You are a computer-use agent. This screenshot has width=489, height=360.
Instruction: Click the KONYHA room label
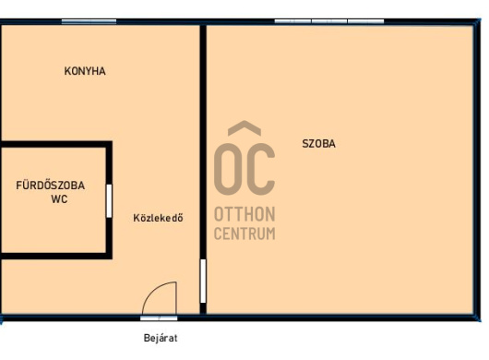click(x=85, y=71)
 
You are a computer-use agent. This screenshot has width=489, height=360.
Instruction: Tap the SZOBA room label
click(x=318, y=144)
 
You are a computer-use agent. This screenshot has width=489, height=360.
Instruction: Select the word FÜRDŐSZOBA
click(x=50, y=186)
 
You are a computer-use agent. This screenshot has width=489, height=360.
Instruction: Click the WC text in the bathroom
click(x=59, y=199)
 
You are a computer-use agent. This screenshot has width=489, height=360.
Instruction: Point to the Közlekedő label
click(x=158, y=218)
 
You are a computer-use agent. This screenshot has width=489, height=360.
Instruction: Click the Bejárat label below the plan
click(x=161, y=338)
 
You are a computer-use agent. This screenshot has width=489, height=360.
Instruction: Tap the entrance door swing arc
click(x=153, y=290)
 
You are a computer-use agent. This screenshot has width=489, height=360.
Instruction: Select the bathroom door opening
click(x=109, y=201)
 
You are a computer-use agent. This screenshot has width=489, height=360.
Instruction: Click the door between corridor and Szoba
click(x=203, y=281)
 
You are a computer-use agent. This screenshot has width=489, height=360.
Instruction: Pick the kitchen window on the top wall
click(x=89, y=21)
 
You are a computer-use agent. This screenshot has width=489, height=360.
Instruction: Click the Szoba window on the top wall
click(x=329, y=21)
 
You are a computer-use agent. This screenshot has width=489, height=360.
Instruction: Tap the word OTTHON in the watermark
click(x=244, y=214)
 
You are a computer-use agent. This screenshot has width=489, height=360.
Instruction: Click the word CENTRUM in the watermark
click(x=244, y=234)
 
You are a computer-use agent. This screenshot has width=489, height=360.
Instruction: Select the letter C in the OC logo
click(x=261, y=169)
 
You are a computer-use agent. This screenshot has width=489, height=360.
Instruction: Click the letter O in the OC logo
click(x=228, y=169)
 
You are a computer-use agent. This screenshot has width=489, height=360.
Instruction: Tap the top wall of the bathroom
click(x=56, y=144)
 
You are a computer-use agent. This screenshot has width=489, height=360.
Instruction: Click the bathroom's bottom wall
click(x=56, y=256)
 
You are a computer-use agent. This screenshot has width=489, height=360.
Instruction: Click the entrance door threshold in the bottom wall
click(x=159, y=318)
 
